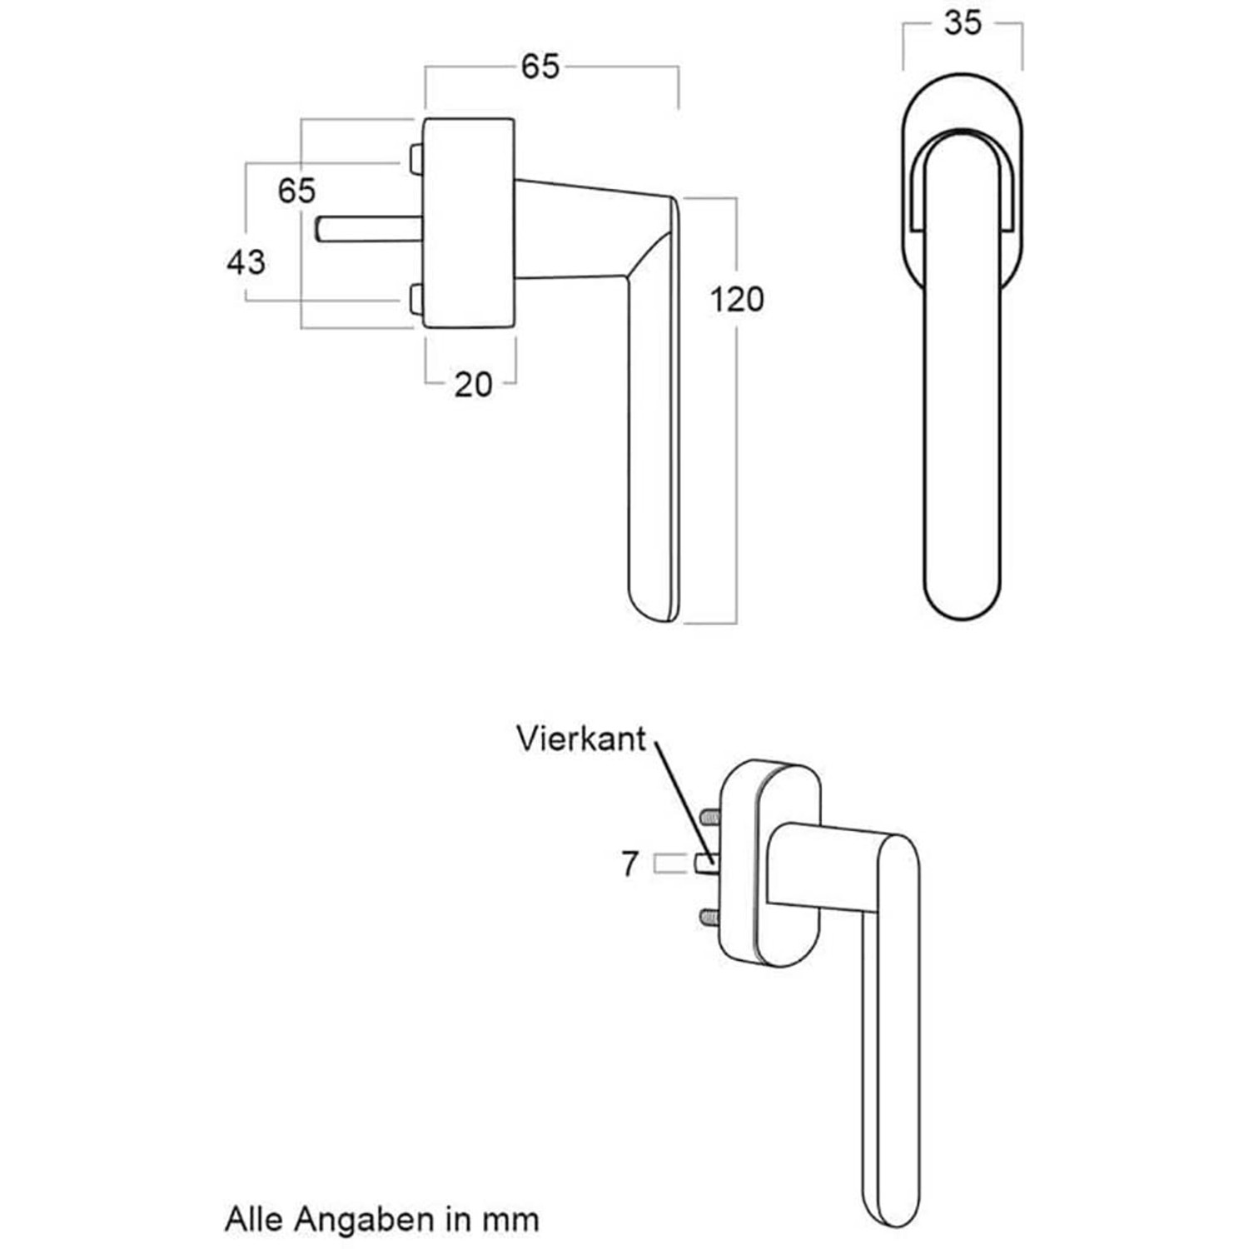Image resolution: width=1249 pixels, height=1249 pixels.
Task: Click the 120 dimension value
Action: (736, 299)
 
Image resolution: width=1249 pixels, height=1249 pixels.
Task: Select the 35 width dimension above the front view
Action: (963, 23)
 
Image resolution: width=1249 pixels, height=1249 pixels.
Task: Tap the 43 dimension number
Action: (246, 262)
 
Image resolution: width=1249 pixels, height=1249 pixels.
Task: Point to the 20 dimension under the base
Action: (473, 385)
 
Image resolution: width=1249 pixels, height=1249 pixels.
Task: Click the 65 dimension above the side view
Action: (540, 67)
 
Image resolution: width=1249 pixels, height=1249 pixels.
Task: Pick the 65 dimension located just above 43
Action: (296, 191)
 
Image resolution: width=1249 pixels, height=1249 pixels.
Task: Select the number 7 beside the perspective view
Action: (630, 864)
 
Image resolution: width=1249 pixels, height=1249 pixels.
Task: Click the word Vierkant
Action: (580, 739)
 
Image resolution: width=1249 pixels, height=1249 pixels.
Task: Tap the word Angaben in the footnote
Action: (365, 1220)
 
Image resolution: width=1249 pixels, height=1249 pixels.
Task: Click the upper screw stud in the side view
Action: (416, 158)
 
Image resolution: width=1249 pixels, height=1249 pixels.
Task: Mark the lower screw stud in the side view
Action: (416, 300)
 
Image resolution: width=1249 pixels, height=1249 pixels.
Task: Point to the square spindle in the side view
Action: (366, 229)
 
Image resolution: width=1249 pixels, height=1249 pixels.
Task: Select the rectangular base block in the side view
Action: (469, 223)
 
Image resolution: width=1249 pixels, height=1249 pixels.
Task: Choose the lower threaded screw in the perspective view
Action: (709, 917)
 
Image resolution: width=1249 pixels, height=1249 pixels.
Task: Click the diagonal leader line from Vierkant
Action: (680, 791)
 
